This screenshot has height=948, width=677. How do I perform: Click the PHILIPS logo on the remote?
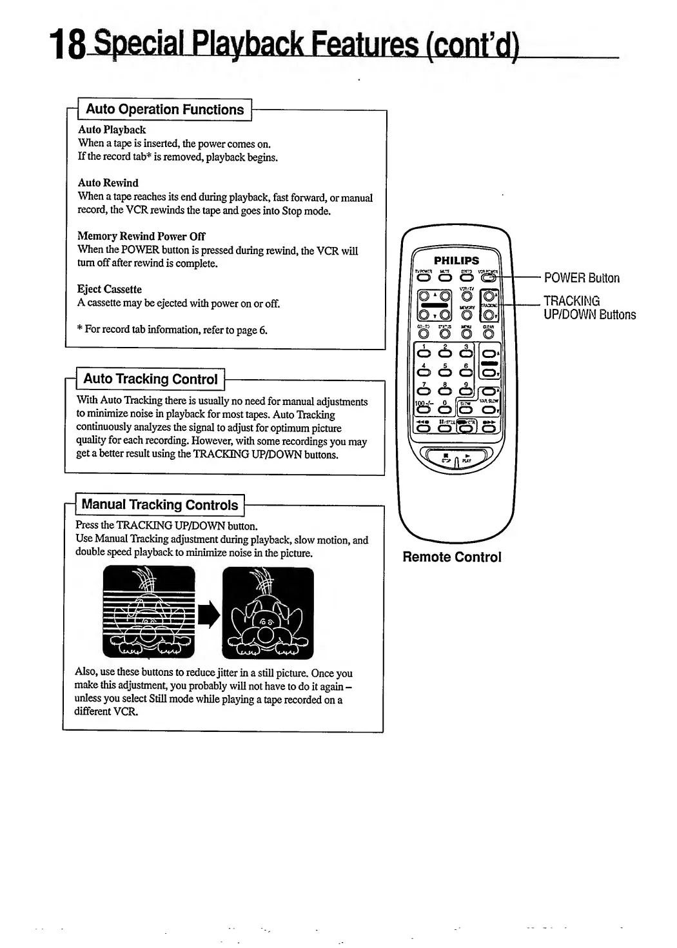[x=456, y=260]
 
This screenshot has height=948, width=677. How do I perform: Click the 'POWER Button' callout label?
[x=582, y=278]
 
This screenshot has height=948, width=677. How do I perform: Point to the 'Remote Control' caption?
[x=451, y=557]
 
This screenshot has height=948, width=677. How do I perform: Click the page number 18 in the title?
[x=67, y=46]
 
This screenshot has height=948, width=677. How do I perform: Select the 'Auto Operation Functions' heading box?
[x=164, y=110]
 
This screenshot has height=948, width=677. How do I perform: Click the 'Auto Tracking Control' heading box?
[x=150, y=379]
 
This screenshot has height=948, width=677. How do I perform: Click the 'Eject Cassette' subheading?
[x=110, y=289]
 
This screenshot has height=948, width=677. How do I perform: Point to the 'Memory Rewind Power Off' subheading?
[x=141, y=236]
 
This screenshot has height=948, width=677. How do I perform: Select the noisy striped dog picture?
[x=148, y=611]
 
